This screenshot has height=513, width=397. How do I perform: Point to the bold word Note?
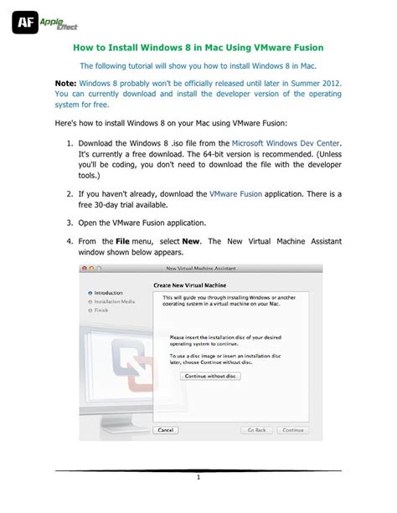(64, 85)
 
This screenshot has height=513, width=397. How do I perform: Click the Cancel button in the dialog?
(167, 430)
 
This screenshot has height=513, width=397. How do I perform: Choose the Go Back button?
(255, 430)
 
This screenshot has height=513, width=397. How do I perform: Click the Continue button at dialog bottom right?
(292, 430)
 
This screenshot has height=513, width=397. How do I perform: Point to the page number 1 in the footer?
(198, 478)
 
